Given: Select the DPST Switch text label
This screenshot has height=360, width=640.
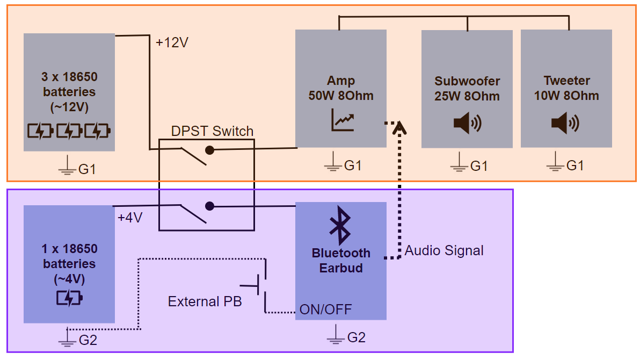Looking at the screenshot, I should coord(212,131).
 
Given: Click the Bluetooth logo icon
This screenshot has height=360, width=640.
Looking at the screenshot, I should coord(340,225).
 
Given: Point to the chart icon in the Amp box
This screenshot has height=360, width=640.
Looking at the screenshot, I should coord(342,120).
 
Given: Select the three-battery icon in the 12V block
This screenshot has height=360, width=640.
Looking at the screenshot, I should coord(69,131).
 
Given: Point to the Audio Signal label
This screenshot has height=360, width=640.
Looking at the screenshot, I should coord(444,250).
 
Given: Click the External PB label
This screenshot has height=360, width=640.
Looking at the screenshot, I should coord(205,301).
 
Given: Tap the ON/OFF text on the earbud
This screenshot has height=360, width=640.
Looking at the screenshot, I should coord(325,309).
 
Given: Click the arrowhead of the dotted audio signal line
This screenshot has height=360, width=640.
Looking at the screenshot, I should coord(398,128).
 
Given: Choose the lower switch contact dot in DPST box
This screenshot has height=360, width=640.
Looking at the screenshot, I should coord(210,206).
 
